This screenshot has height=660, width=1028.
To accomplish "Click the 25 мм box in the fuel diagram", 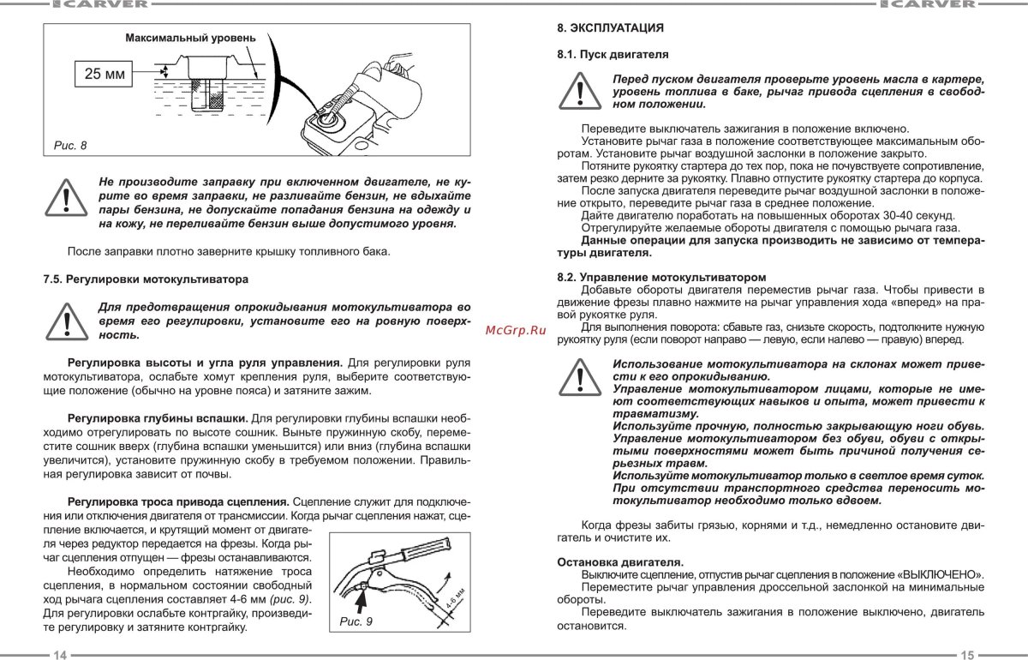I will pos(104,75).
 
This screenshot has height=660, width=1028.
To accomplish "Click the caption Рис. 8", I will pos(70,145).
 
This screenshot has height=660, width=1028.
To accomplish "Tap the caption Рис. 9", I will pos(356,622).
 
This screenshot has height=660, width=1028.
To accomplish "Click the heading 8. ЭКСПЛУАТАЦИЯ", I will pos(611,28).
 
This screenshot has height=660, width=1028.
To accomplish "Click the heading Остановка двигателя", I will pos(620,561).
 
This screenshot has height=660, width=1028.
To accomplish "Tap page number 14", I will pos(60,655).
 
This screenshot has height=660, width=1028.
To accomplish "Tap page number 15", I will pos(967,655).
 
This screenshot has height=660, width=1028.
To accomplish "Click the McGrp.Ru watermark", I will pos(515,329).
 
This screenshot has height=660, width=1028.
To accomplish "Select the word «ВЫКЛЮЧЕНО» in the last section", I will pos(941,573).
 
